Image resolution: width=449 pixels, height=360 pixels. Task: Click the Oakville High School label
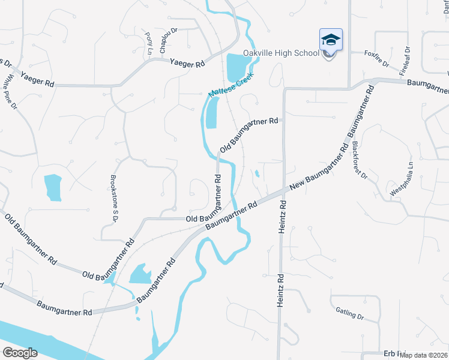click(281, 53)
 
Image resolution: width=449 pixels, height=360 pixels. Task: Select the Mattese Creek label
click(231, 85)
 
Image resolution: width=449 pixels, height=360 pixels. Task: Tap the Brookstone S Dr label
click(113, 198)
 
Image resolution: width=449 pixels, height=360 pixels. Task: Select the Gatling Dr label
click(350, 313)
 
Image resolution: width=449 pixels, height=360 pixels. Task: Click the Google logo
click(20, 353)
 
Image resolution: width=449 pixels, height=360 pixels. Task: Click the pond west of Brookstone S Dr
click(53, 187)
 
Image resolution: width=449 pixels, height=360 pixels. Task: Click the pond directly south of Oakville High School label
click(235, 67)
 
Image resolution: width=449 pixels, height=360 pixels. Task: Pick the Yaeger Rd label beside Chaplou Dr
click(187, 62)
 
